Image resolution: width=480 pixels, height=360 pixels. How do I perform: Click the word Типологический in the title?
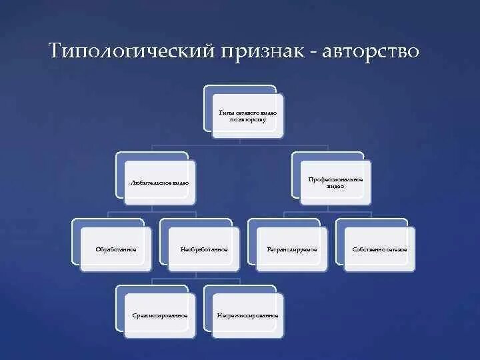click(x=131, y=52)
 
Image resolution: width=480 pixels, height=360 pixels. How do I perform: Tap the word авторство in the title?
click(x=371, y=52)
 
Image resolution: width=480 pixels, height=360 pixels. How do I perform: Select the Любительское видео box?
click(x=159, y=182)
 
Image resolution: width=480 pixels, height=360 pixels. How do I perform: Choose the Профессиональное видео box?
click(x=335, y=182)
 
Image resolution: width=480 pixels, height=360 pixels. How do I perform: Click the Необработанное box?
click(x=203, y=249)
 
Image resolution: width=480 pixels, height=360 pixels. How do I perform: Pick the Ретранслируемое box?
click(x=291, y=249)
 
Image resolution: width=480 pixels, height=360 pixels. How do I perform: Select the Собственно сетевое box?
click(x=379, y=249)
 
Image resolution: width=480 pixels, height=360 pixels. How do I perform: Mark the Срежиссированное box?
click(x=159, y=315)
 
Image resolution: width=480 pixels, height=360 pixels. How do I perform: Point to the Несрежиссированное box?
click(x=247, y=315)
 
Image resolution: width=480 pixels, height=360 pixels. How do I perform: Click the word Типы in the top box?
click(x=225, y=113)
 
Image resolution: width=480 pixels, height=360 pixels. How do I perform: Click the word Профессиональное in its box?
click(x=335, y=179)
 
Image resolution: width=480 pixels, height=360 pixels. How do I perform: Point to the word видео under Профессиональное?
click(x=335, y=186)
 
